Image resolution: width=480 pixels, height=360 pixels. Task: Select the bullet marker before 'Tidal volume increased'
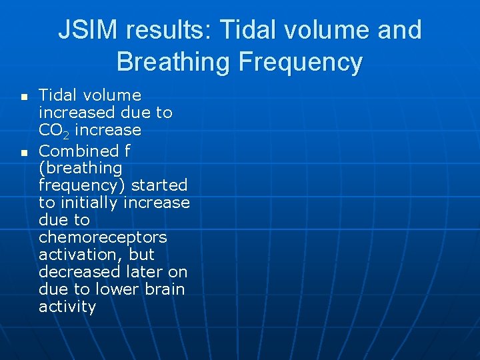click(x=24, y=97)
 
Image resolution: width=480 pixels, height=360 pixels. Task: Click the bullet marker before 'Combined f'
click(x=24, y=153)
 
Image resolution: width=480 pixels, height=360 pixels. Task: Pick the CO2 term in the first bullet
click(x=54, y=131)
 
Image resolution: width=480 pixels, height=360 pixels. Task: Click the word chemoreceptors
click(x=103, y=237)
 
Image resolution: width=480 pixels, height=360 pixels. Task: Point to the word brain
click(x=165, y=289)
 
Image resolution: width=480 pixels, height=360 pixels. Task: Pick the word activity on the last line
click(x=67, y=307)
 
